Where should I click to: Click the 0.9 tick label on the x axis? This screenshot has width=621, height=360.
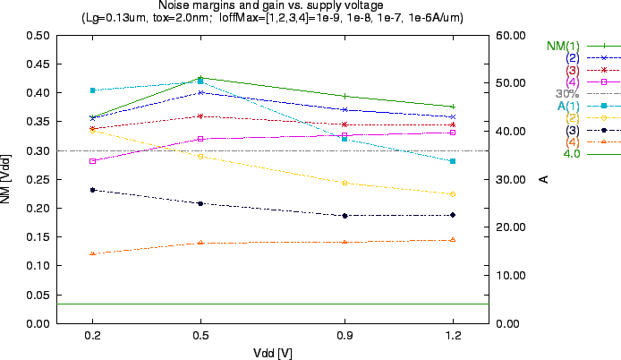coord(345,335)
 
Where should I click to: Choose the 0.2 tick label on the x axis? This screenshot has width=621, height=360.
coord(92,335)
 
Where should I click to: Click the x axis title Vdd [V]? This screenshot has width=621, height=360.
coord(272,352)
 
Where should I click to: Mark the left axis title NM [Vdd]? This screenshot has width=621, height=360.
coord(7,179)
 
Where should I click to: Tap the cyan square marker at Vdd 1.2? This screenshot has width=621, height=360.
coord(454,161)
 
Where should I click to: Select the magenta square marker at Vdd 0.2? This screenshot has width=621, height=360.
coord(92,161)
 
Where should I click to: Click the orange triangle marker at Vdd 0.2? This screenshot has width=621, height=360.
coord(92,254)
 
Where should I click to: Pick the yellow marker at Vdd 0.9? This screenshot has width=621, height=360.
coord(345,183)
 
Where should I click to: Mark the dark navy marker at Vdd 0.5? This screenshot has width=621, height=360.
coord(200,204)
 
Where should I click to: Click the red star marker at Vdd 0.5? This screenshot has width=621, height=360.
coord(200,116)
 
